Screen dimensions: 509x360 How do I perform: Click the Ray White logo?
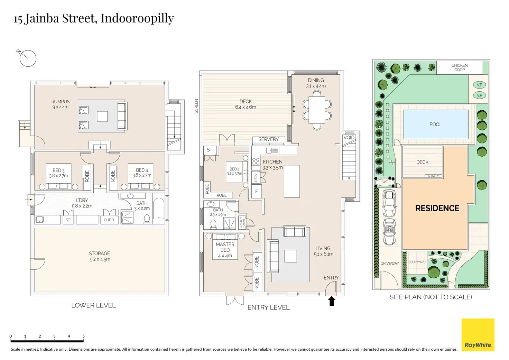click(478, 335)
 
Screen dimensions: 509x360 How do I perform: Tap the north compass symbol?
click(28, 58)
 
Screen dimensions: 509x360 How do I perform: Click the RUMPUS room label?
click(61, 102)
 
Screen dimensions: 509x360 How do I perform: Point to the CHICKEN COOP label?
click(459, 67)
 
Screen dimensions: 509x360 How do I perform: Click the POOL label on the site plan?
click(436, 124)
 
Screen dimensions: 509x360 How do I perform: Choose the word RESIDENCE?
click(437, 208)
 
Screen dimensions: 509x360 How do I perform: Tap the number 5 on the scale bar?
click(83, 336)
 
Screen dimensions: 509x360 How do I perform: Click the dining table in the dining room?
click(317, 110)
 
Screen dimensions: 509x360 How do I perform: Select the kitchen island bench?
click(291, 181)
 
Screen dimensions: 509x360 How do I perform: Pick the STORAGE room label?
click(99, 253)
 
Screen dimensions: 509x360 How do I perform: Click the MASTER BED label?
click(225, 247)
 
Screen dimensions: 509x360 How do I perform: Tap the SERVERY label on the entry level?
click(268, 139)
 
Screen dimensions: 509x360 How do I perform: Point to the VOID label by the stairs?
click(349, 138)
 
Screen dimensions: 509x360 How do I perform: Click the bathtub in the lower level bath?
click(159, 209)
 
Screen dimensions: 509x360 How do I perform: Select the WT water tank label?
click(385, 182)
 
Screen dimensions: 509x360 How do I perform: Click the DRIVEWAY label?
click(390, 264)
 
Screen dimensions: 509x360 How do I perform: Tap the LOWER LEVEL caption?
click(93, 305)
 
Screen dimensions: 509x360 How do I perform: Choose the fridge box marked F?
click(256, 191)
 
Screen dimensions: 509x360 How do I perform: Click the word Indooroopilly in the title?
click(137, 18)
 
